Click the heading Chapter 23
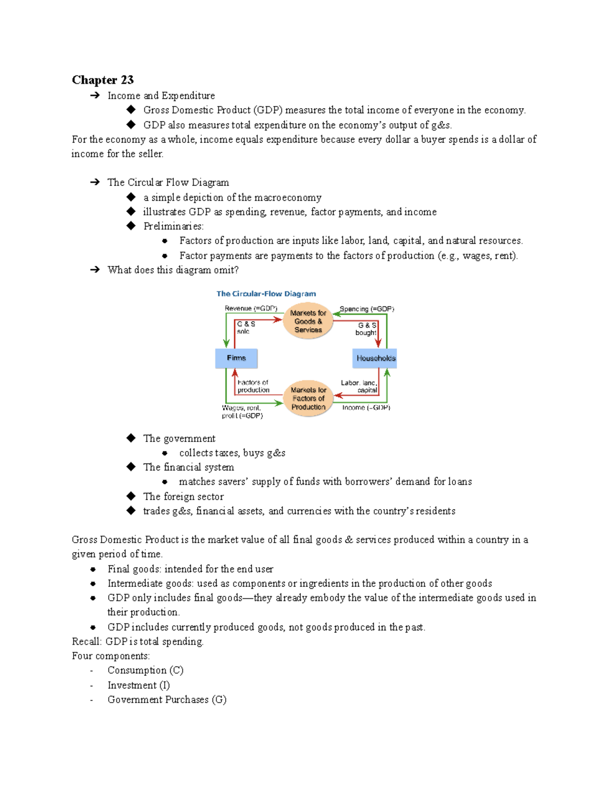coord(103,80)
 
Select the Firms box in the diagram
coord(236,358)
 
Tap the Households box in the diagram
coord(375,358)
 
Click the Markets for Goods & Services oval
coord(308,321)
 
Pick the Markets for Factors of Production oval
coord(308,398)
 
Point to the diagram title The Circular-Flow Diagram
coord(266,294)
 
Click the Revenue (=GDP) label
coord(251,308)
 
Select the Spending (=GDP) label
coord(367,309)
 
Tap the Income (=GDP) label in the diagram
coord(366,407)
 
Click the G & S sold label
coord(246,328)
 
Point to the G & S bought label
coord(367,329)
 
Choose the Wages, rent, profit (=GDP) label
coord(242,412)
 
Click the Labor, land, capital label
coord(359,386)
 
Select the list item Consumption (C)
coord(145,670)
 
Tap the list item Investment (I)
coord(139,685)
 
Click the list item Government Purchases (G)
coord(167,700)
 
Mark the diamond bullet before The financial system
coord(131,466)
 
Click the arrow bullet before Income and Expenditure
coord(95,96)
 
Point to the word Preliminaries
coord(173,226)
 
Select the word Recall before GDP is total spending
coord(86,642)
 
